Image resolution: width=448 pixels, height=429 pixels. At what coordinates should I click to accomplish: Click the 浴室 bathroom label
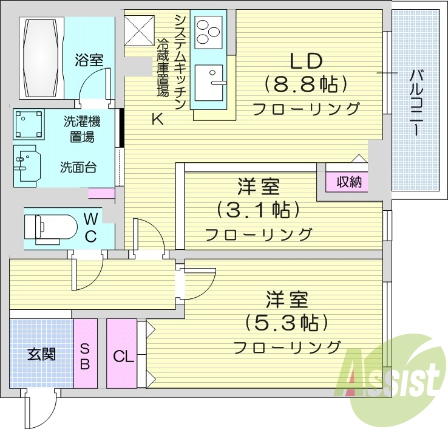[x=89, y=60]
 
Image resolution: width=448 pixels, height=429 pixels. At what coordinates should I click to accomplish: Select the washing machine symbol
[x=27, y=124]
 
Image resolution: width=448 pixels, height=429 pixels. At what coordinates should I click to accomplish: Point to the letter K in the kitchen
[x=157, y=120]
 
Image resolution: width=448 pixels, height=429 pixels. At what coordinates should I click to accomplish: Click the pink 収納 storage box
[x=348, y=182]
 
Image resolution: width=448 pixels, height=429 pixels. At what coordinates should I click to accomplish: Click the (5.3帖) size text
[x=287, y=322]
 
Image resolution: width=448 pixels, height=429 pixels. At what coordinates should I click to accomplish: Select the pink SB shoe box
[x=85, y=355]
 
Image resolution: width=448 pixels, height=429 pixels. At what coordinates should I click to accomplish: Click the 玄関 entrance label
[x=41, y=354]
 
